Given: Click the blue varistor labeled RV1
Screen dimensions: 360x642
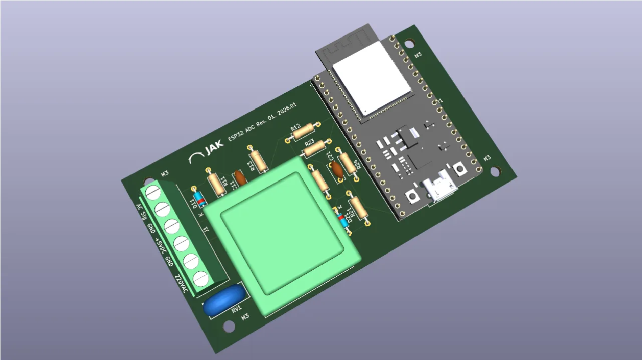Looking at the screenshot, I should click(x=224, y=299).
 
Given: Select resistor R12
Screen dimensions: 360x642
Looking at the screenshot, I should click(x=303, y=132).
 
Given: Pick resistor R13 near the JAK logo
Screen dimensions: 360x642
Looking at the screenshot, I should click(x=258, y=160).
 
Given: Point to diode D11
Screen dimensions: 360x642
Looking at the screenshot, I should click(x=199, y=198).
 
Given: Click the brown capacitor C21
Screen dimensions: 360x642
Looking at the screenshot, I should click(x=337, y=170).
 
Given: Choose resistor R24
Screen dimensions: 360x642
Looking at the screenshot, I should click(x=346, y=162).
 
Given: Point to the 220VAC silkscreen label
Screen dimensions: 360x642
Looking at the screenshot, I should click(x=181, y=284).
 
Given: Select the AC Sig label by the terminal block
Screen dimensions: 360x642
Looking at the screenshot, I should click(x=141, y=212).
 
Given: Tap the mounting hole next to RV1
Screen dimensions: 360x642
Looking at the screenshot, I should click(x=229, y=326).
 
